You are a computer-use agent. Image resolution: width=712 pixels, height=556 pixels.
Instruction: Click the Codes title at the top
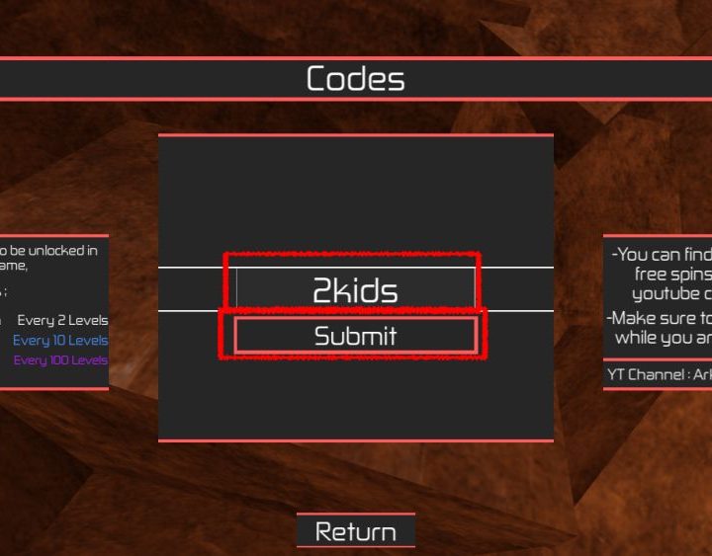click(355, 79)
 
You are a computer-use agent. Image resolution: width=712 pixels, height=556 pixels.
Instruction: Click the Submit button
click(355, 336)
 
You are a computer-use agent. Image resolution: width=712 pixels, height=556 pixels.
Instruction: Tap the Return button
click(355, 531)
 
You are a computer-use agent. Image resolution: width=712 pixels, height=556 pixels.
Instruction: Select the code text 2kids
click(355, 290)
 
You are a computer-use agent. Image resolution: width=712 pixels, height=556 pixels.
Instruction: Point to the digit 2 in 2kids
click(322, 290)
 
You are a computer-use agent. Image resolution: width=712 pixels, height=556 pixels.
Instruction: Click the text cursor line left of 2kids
click(236, 288)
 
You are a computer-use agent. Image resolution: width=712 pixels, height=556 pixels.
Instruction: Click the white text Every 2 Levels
click(62, 320)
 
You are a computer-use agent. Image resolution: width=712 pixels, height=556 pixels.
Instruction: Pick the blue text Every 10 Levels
click(60, 340)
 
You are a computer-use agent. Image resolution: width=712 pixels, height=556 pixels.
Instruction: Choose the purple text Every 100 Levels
click(60, 359)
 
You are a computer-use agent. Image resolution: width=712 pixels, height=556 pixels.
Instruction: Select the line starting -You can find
click(661, 255)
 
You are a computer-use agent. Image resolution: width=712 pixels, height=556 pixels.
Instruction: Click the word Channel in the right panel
click(658, 374)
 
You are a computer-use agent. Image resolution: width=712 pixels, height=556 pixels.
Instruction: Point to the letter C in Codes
click(317, 79)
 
